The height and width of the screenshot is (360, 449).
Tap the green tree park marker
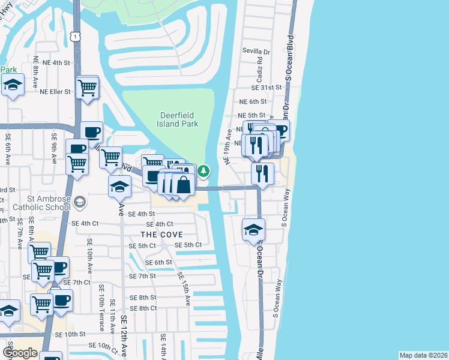pos(204,172)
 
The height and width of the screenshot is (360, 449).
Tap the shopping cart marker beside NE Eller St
pos(88,88)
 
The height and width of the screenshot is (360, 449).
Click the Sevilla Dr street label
pos(256,51)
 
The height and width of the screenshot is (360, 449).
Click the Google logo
pos(20,353)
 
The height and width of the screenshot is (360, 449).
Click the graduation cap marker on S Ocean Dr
pos(253,230)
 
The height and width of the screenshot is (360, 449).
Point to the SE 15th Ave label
pos(184,288)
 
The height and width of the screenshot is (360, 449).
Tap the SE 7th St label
pos(142,276)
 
